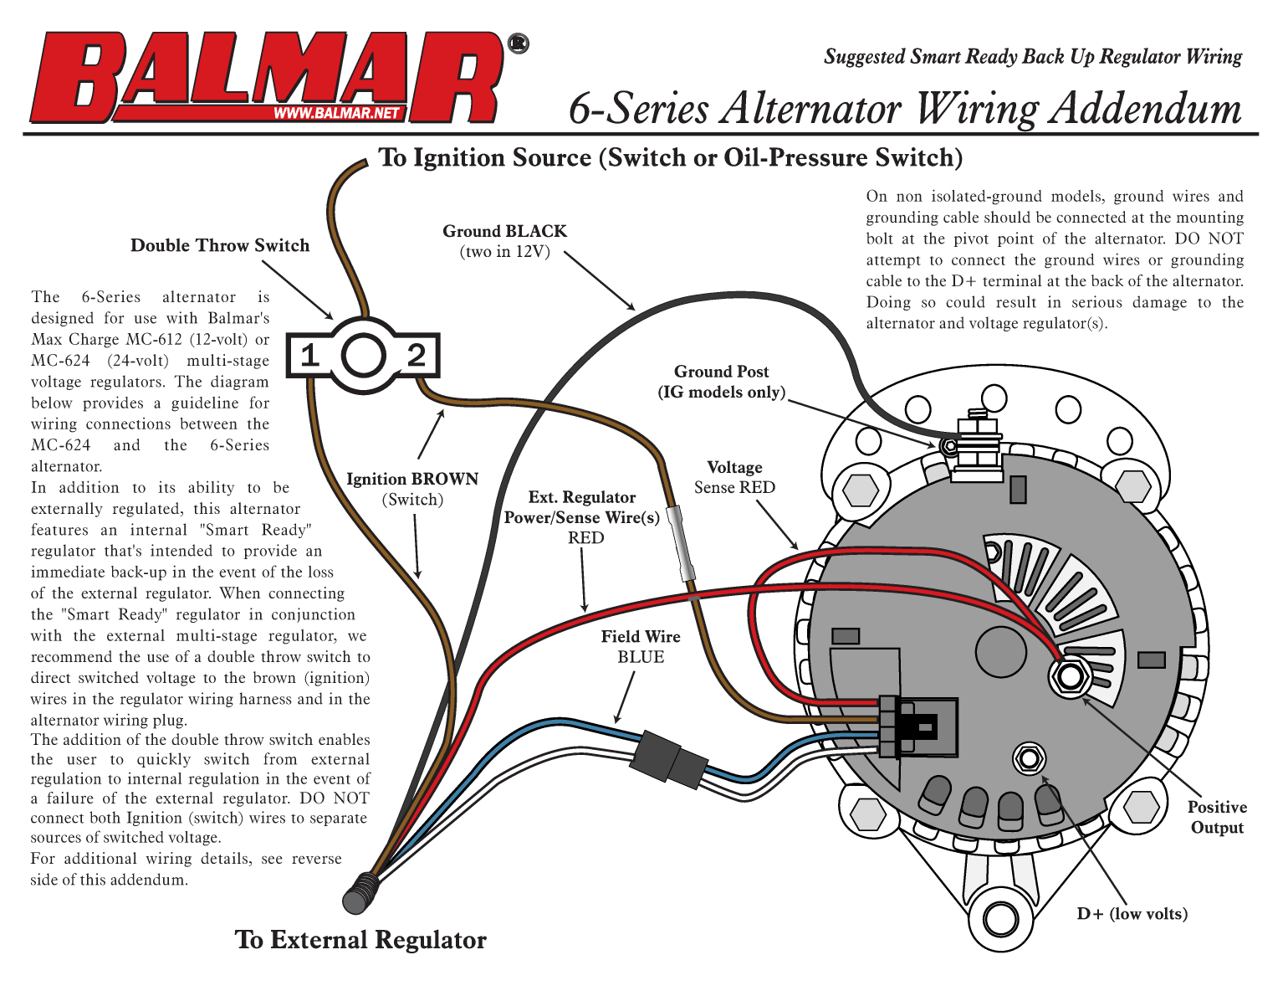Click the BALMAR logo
(268, 77)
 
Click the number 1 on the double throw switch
(310, 356)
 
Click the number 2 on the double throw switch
(416, 356)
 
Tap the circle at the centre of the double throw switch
(364, 356)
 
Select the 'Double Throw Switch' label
(220, 245)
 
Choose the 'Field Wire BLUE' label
(641, 647)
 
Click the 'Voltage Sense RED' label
(734, 477)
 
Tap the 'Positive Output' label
(1217, 817)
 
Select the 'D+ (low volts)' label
(1132, 913)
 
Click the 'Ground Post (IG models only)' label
(721, 382)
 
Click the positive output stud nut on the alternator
(1070, 675)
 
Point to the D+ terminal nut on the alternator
(1029, 758)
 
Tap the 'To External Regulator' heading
(360, 940)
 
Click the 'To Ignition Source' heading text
(671, 157)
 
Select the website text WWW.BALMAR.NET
(336, 113)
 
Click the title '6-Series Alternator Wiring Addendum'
(905, 109)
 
